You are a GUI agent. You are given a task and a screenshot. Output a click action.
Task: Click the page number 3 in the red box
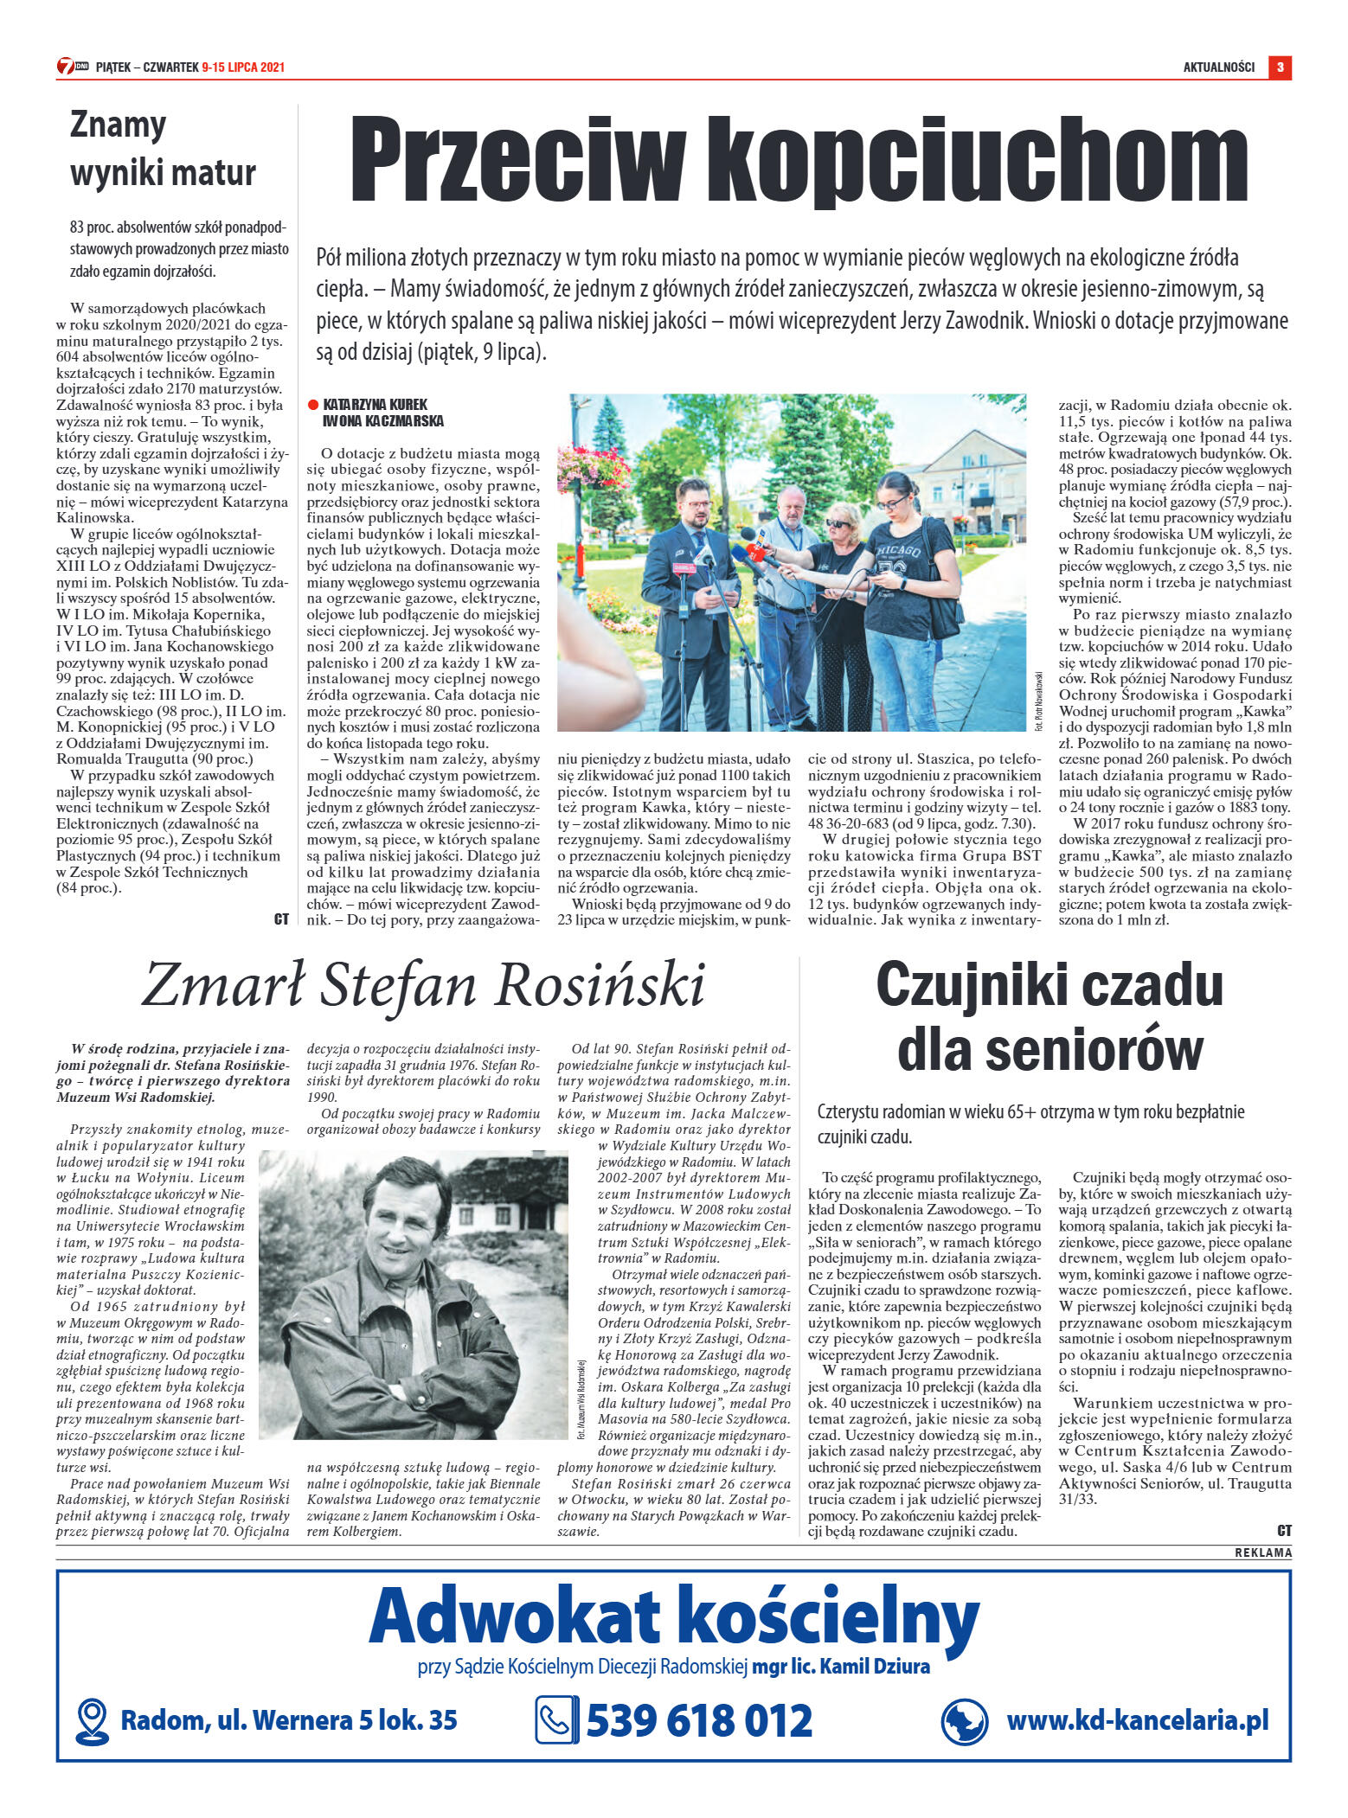[x=1280, y=67]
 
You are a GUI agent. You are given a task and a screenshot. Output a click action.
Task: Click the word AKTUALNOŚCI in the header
[x=1218, y=67]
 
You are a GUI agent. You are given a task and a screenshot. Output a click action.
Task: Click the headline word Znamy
[x=118, y=126]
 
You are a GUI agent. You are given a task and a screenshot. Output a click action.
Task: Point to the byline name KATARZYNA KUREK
[x=376, y=405]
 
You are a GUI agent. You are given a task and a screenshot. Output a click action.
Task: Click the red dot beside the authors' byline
[x=313, y=405]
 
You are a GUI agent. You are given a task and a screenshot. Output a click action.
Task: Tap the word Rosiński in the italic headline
[x=600, y=985]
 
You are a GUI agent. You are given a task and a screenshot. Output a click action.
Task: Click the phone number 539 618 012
[x=699, y=1721]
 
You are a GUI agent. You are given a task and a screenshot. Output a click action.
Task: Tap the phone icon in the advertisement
[x=556, y=1721]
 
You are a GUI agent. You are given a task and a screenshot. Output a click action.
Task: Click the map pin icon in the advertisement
[x=92, y=1721]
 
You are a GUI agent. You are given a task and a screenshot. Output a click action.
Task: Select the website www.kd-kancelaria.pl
[x=1137, y=1719]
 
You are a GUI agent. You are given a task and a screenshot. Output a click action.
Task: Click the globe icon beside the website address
[x=964, y=1721]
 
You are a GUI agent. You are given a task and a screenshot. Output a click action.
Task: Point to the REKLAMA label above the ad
[x=1262, y=1552]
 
